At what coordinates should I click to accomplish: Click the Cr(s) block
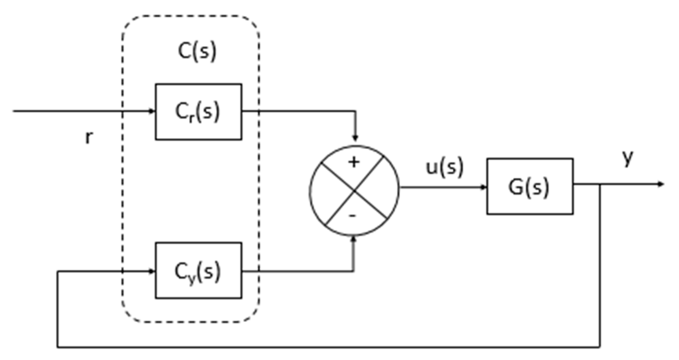198,112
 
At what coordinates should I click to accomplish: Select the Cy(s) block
198,271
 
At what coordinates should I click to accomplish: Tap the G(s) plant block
530,187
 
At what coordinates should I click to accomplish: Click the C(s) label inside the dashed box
197,52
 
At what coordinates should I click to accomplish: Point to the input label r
89,138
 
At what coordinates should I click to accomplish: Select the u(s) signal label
445,168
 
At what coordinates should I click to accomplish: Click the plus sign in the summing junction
354,162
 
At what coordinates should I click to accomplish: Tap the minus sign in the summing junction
353,216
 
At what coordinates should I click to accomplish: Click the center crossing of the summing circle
354,191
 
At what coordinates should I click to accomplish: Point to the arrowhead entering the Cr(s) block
152,111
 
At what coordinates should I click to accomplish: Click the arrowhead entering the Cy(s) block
152,271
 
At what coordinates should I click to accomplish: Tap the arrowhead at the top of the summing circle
356,138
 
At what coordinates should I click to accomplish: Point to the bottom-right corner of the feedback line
600,347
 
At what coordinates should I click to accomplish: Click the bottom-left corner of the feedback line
58,347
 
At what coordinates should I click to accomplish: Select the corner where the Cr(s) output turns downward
356,111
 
